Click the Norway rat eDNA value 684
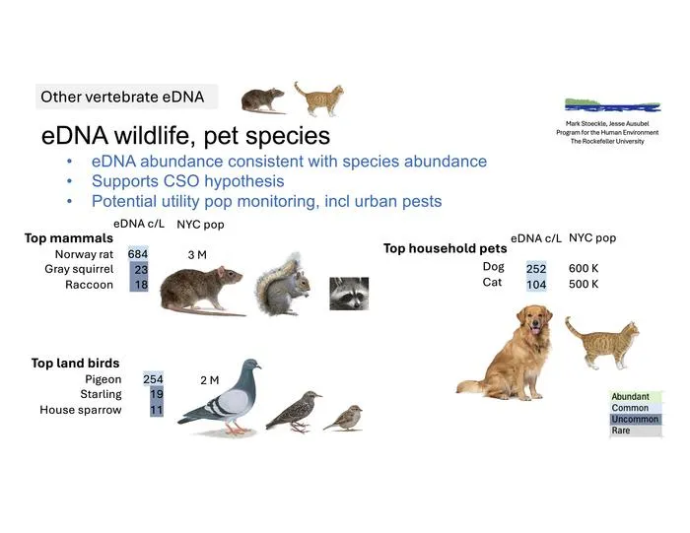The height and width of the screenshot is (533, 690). point(138,254)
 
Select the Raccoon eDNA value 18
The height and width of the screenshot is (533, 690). point(141,285)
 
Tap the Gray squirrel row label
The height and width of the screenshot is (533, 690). point(79,269)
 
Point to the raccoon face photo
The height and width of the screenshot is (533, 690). point(349,294)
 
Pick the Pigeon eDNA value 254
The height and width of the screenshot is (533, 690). point(153,379)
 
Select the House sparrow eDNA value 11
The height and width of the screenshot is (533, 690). point(157,410)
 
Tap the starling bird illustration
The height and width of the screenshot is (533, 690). point(293,411)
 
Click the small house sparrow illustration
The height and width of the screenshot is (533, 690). point(343,418)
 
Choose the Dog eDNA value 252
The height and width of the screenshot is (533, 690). point(536,269)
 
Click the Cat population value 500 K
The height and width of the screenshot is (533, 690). point(584,284)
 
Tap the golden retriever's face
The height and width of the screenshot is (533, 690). point(535,320)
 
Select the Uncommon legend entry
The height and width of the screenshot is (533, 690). point(635,419)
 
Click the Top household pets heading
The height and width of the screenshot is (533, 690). point(445,248)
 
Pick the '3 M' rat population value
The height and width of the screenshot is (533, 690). point(197,255)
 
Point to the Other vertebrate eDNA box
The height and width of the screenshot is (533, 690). point(127,97)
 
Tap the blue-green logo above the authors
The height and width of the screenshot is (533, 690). point(612,105)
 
